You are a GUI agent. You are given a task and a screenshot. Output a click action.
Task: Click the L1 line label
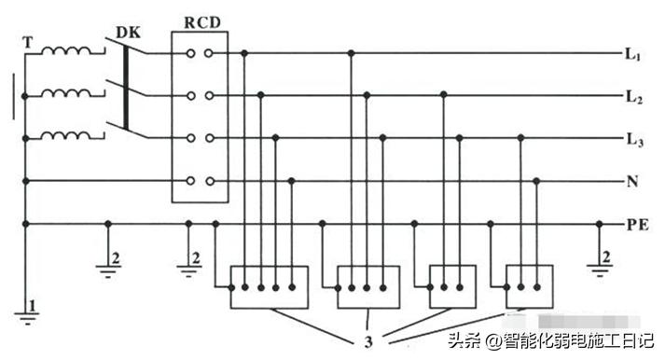[632, 55]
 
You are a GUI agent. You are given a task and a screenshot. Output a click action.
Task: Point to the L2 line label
[632, 96]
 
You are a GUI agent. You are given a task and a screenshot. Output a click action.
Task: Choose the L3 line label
[632, 139]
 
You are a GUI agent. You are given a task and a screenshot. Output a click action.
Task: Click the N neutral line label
[632, 181]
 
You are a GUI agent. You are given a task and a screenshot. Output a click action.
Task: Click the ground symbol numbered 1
[29, 312]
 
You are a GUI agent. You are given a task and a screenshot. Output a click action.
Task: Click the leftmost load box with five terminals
[269, 286]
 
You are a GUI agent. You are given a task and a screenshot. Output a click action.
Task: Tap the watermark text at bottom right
[550, 339]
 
